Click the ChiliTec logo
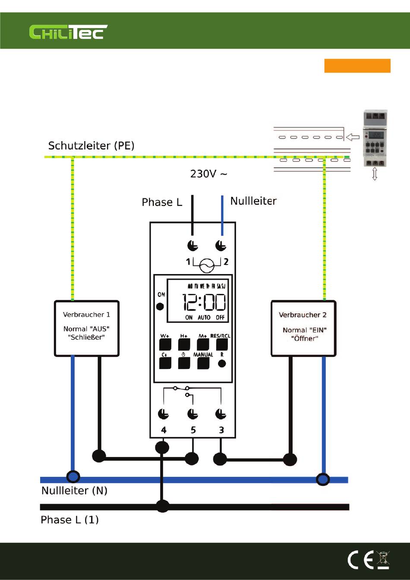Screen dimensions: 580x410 pyautogui.click(x=68, y=32)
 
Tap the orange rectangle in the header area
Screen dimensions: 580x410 pyautogui.click(x=357, y=66)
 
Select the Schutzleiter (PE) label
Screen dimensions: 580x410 pyautogui.click(x=91, y=145)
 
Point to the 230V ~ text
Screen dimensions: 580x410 pyautogui.click(x=208, y=174)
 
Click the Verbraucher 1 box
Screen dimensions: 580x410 pyautogui.click(x=86, y=328)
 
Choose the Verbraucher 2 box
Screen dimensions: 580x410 pyautogui.click(x=303, y=328)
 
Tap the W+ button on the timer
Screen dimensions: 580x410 pyautogui.click(x=165, y=344)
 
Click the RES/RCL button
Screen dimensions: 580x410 pyautogui.click(x=222, y=344)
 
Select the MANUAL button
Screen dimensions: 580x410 pyautogui.click(x=203, y=363)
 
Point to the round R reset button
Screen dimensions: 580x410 pyautogui.click(x=222, y=363)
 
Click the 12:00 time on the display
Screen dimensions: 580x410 pyautogui.click(x=204, y=302)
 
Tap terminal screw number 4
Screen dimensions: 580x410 pyautogui.click(x=163, y=414)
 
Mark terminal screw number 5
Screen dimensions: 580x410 pyautogui.click(x=192, y=414)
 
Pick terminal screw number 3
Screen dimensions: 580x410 pyautogui.click(x=221, y=414)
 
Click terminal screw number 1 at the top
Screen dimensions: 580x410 pyautogui.click(x=192, y=246)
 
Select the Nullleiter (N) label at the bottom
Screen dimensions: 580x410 pyautogui.click(x=74, y=491)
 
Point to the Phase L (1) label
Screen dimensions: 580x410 pyautogui.click(x=69, y=520)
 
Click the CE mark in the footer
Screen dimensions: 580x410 pyautogui.click(x=361, y=560)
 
